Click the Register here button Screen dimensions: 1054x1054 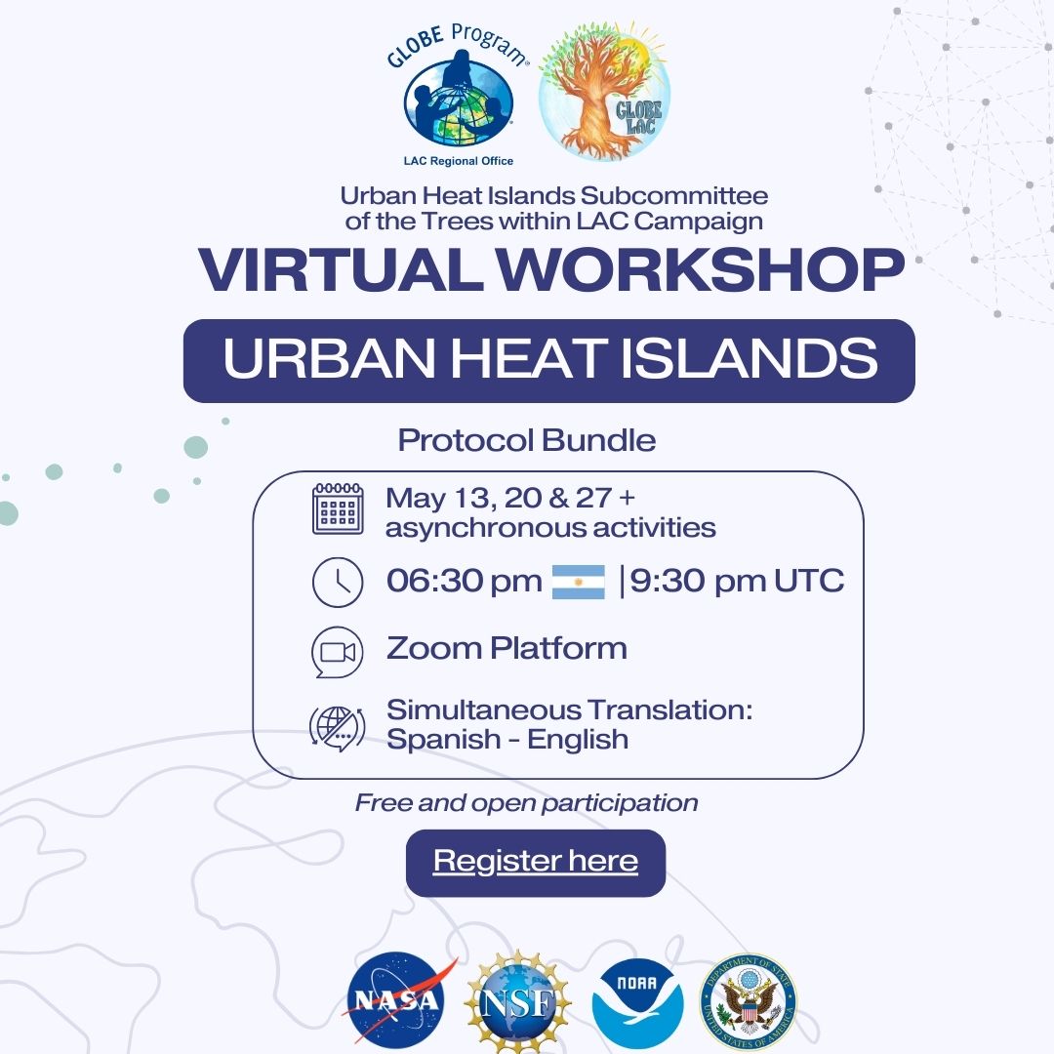tap(536, 863)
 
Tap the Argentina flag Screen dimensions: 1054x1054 tap(578, 582)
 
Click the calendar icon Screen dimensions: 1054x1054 tap(338, 508)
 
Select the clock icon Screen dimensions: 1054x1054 tap(338, 582)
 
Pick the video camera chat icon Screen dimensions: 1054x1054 tap(338, 652)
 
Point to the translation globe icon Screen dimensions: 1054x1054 tap(338, 729)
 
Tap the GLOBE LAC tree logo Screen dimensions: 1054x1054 tap(604, 92)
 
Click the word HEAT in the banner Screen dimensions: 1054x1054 tap(526, 357)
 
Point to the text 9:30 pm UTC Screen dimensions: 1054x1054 tap(737, 581)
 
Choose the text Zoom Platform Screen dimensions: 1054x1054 tap(507, 648)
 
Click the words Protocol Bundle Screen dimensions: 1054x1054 tap(527, 440)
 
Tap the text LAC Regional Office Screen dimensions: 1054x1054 tap(459, 161)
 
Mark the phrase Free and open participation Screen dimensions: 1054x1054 tap(526, 803)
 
